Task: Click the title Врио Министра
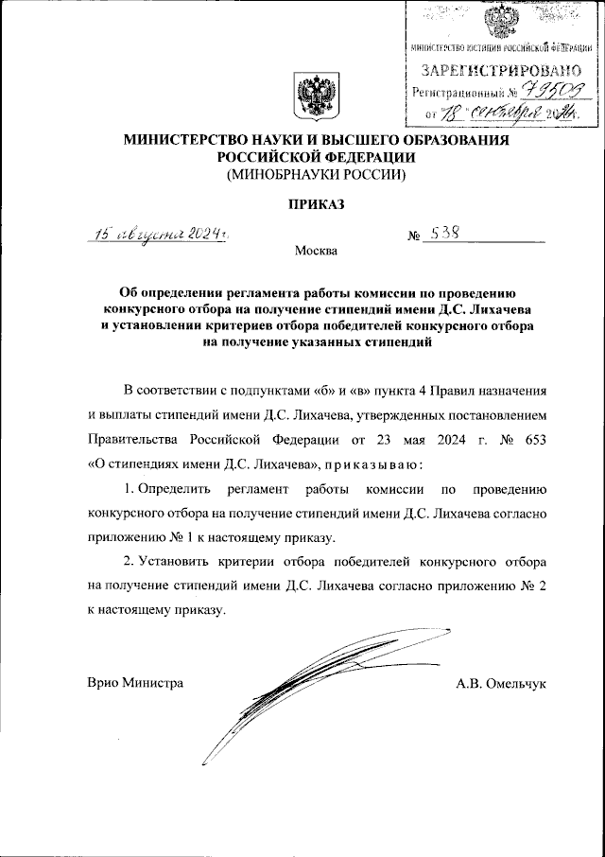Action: click(x=135, y=682)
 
